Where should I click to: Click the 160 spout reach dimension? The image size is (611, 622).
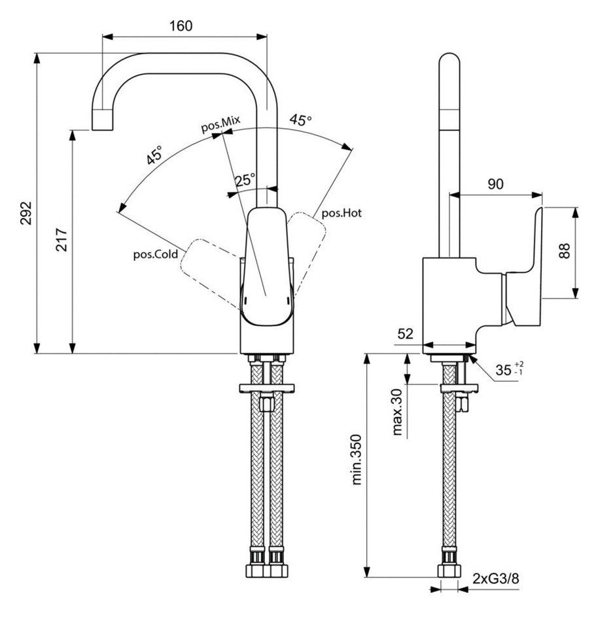point(181,26)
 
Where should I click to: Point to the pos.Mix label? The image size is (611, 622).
point(221,124)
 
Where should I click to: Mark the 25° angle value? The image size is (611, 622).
point(245,179)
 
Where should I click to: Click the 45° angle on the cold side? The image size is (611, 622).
point(155,156)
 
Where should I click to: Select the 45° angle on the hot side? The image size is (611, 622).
point(301,120)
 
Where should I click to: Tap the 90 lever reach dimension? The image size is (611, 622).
point(496,184)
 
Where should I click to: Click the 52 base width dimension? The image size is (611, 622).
point(406,334)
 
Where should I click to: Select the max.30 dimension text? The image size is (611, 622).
point(396,411)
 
